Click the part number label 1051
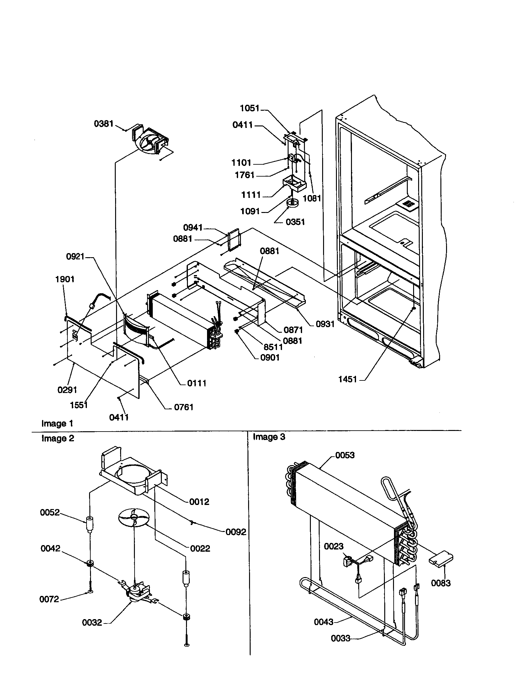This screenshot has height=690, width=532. pos(249,109)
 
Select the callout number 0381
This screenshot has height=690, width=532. pos(104,124)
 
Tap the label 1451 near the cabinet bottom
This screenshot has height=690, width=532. pos(348,379)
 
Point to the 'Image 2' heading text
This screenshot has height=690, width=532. pos(58,438)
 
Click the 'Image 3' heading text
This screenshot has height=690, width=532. pos(269,437)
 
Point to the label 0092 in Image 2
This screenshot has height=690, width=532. pos(236,532)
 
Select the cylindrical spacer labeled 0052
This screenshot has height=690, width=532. pos(90,525)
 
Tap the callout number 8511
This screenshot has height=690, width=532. pos(273,347)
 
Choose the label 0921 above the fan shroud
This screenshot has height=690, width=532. pos(75,257)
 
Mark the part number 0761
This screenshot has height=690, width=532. pos(184,407)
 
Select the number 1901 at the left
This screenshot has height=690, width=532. pos(65,279)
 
